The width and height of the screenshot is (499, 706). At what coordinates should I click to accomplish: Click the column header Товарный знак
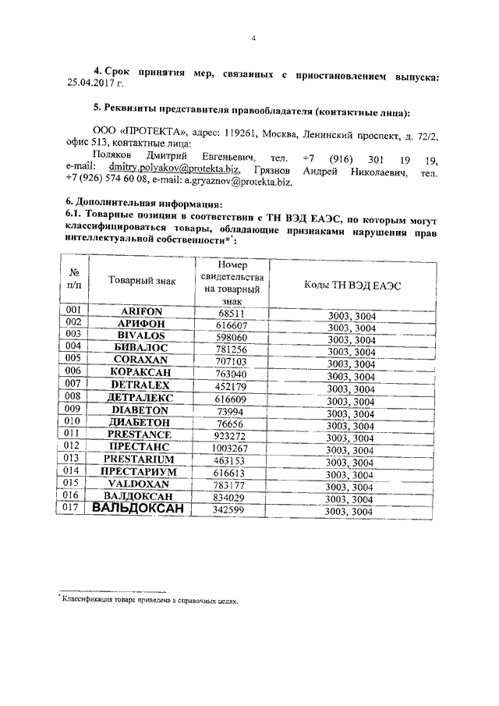[142, 280]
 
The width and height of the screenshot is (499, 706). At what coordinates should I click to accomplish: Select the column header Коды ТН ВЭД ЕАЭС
[352, 286]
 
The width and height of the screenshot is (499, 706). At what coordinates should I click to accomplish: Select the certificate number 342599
[232, 510]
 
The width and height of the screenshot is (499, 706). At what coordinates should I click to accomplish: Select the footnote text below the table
[148, 601]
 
